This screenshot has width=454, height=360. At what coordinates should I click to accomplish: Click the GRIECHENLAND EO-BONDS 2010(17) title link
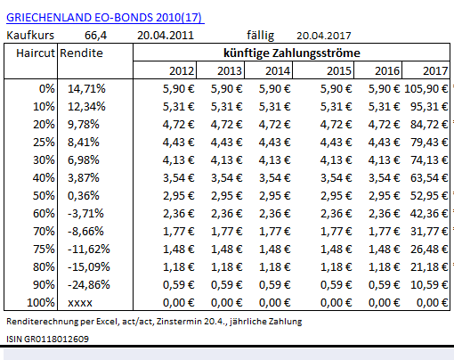point(105,18)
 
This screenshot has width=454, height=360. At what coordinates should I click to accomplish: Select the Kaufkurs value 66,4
point(95,36)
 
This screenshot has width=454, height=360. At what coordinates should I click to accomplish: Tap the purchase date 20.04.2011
point(166,36)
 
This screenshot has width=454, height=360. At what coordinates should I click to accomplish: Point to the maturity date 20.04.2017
point(324,36)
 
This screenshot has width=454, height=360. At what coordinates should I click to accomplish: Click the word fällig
point(260,36)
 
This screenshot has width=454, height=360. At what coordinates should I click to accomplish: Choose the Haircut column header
point(36,53)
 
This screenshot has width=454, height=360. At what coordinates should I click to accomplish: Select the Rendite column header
point(81,53)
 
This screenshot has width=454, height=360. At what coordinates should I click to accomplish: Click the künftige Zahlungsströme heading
point(292,53)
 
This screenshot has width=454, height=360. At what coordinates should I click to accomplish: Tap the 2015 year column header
point(339,71)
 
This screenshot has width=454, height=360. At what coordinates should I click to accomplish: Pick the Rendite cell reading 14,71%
point(86,89)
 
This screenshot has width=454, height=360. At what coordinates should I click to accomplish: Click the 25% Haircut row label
point(44,143)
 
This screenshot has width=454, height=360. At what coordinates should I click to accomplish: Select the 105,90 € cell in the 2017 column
point(426,89)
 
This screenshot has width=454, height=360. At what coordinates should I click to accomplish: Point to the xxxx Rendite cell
point(80,303)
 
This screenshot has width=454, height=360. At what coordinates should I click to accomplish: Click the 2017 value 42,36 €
point(429,214)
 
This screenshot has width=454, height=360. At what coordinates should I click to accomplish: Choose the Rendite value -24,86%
point(89,285)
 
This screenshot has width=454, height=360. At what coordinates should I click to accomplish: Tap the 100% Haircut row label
point(41,303)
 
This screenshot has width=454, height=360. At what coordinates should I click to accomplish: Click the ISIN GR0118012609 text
point(47,339)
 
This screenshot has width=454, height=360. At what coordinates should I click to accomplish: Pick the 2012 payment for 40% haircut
point(179,178)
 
